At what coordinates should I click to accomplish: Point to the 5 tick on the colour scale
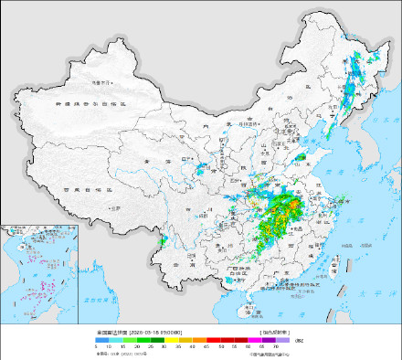coord(96,347)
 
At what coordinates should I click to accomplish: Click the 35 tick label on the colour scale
coord(179,347)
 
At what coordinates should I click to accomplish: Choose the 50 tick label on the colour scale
coord(220,347)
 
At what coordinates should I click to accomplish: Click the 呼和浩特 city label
coord(237,122)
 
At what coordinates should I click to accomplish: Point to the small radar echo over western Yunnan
coord(163,242)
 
